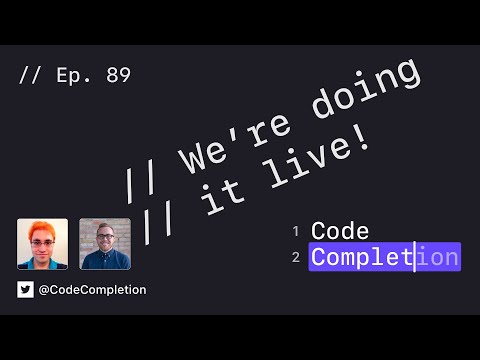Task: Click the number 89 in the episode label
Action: [x=116, y=75]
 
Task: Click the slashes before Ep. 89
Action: [x=32, y=75]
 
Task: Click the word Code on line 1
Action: [x=340, y=232]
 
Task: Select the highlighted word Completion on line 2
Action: [x=385, y=258]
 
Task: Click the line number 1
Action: [x=296, y=232]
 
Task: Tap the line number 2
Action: [x=296, y=258]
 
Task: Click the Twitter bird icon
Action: [x=26, y=290]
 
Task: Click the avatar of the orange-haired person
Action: [x=43, y=244]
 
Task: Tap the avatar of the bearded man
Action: [x=105, y=244]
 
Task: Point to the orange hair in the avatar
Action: [x=42, y=227]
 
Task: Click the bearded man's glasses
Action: [x=106, y=237]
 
